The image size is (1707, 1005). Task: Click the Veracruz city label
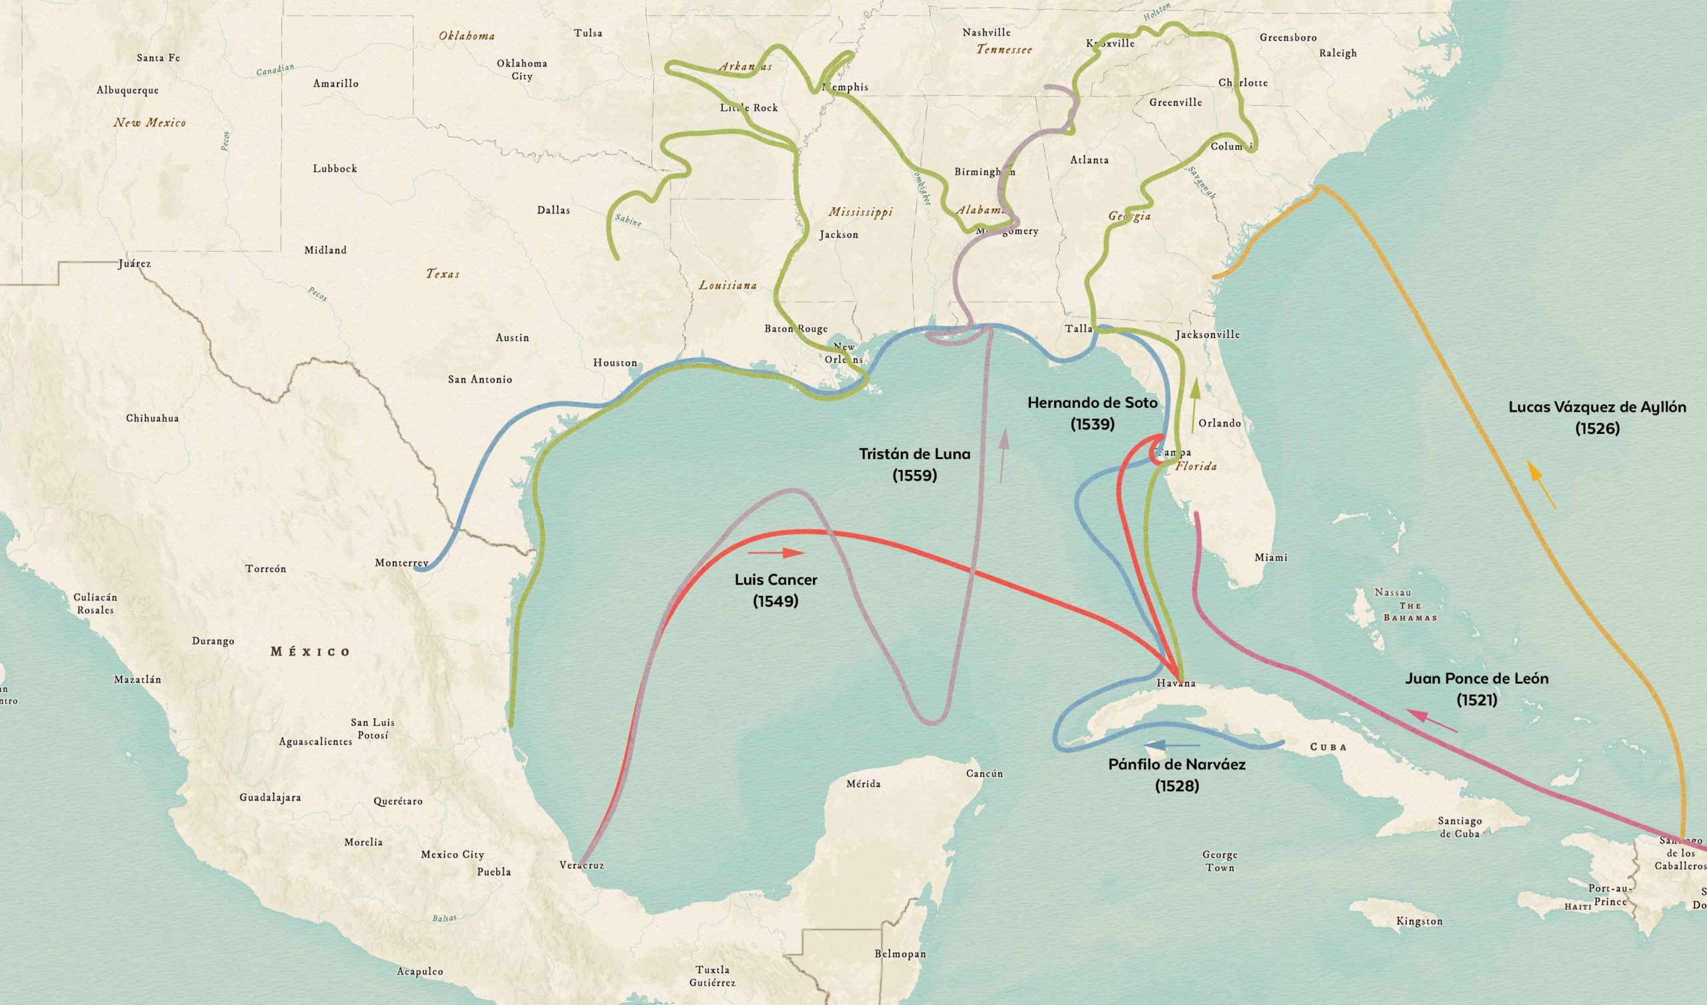tap(581, 865)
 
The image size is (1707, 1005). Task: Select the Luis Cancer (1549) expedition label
tap(775, 590)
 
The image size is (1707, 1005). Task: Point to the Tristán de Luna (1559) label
tap(914, 464)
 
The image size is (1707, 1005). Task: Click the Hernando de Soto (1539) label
tap(1092, 413)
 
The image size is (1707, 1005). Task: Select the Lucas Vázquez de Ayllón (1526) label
tap(1597, 417)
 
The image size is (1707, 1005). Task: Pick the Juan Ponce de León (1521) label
tap(1477, 688)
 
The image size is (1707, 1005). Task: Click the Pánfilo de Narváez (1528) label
tap(1178, 775)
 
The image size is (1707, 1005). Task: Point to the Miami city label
tap(1271, 557)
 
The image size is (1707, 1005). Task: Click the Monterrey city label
tap(401, 562)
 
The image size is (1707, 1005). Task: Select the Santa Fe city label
tap(158, 57)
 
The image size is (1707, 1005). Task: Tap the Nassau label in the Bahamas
tap(1393, 592)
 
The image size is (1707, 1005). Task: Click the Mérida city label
tap(864, 784)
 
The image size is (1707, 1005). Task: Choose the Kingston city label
tap(1419, 921)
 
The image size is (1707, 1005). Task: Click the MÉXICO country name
tap(310, 652)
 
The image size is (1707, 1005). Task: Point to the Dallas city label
tap(553, 210)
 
